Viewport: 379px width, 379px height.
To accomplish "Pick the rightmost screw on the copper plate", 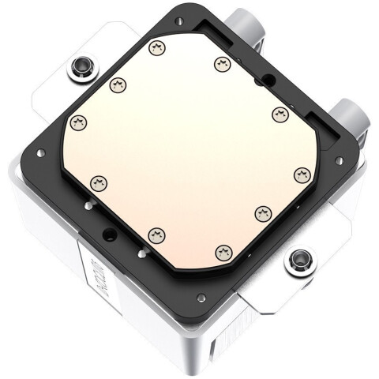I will pos(300,172).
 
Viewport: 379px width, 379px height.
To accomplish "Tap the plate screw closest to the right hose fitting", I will pos(278,115).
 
